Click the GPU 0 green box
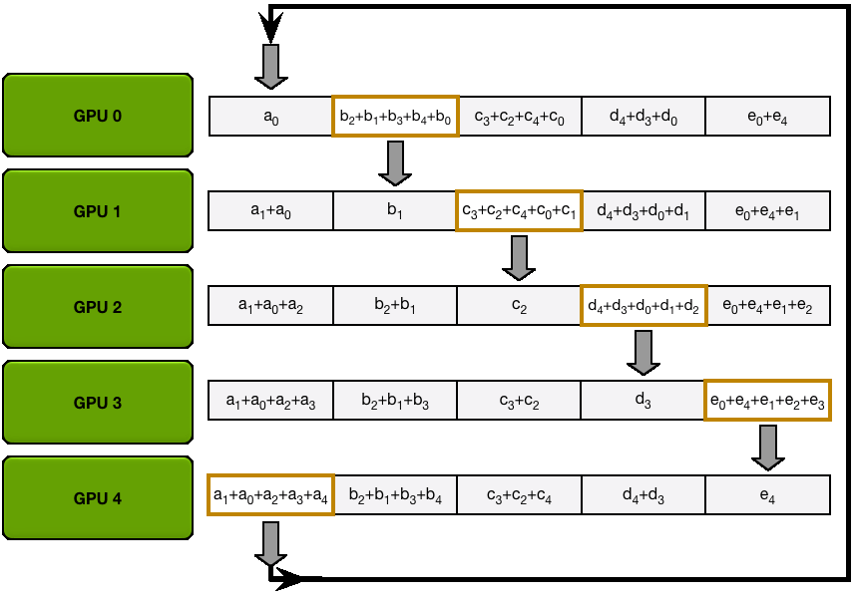click(x=97, y=116)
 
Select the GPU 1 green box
click(x=97, y=211)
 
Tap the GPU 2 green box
click(x=97, y=307)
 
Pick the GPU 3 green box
click(x=97, y=403)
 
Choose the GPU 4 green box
click(x=97, y=498)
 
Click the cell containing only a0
click(x=270, y=117)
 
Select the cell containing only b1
click(x=395, y=211)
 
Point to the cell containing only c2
click(x=519, y=306)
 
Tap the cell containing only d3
click(x=642, y=401)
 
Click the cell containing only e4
click(x=767, y=495)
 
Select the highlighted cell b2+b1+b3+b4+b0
click(x=395, y=117)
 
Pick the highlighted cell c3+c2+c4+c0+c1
click(x=519, y=211)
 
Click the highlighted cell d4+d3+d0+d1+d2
click(x=642, y=306)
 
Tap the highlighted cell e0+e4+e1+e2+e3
click(x=767, y=401)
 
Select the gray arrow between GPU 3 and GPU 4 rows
click(x=767, y=448)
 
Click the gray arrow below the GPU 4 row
click(x=270, y=543)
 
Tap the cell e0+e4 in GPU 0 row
click(x=767, y=117)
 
